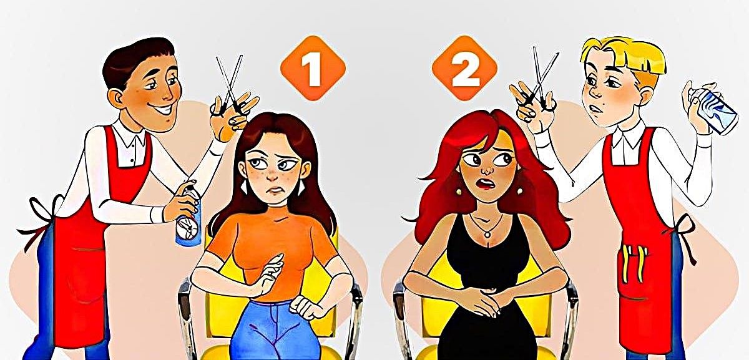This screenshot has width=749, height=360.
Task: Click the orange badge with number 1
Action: (313, 68)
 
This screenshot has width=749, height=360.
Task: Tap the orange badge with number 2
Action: (464, 68)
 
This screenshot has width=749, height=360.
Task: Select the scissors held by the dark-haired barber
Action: (230, 86)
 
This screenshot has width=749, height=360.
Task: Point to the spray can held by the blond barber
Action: (715, 110)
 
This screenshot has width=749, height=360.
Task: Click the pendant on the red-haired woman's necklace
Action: (487, 235)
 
